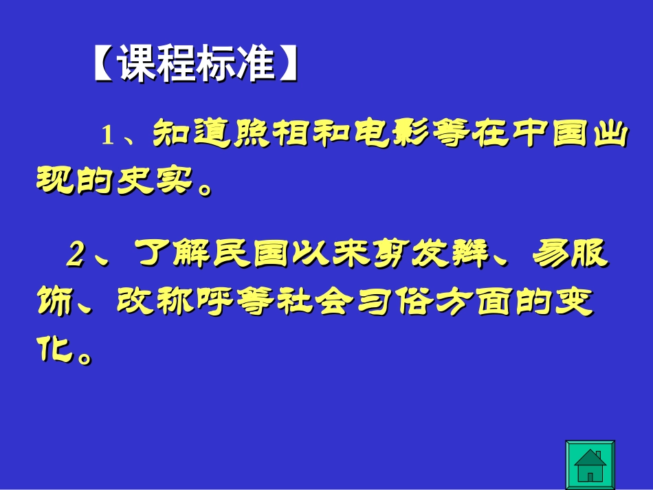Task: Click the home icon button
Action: tap(589, 465)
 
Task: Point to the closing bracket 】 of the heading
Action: tap(289, 65)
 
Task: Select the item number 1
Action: tap(107, 135)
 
